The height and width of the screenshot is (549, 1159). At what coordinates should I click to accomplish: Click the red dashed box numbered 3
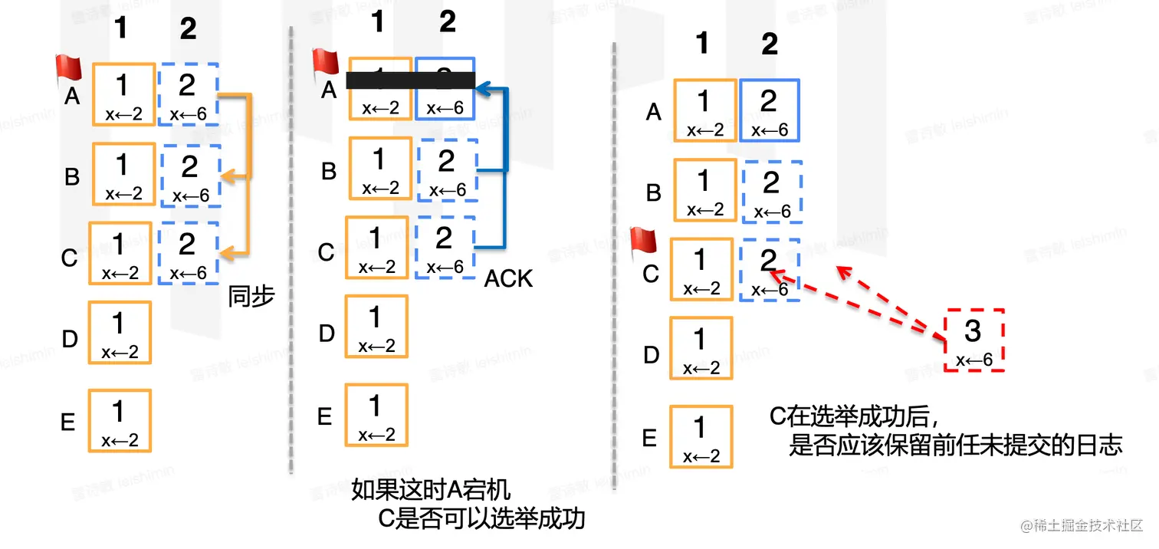tap(973, 340)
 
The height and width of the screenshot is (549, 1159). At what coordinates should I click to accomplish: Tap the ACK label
tap(508, 278)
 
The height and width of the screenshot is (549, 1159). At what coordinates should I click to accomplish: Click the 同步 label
tap(251, 296)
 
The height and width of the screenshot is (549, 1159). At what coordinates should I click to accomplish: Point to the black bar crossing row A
tap(411, 81)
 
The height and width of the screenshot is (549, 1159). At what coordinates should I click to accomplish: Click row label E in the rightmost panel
tap(649, 438)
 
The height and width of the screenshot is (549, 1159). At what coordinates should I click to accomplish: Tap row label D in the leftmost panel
tap(70, 338)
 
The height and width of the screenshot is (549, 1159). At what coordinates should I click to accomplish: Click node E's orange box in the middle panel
tap(376, 415)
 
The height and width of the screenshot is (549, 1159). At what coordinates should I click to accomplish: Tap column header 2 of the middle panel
tap(448, 22)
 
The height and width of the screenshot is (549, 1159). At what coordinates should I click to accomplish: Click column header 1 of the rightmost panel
tap(702, 44)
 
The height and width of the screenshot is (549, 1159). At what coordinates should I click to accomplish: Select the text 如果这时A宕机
tap(430, 490)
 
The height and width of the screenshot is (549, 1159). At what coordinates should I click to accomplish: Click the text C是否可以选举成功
tap(482, 519)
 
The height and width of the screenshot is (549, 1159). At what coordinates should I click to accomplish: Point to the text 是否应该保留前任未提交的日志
tap(955, 445)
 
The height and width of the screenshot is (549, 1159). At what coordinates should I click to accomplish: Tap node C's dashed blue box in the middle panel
tap(445, 247)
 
